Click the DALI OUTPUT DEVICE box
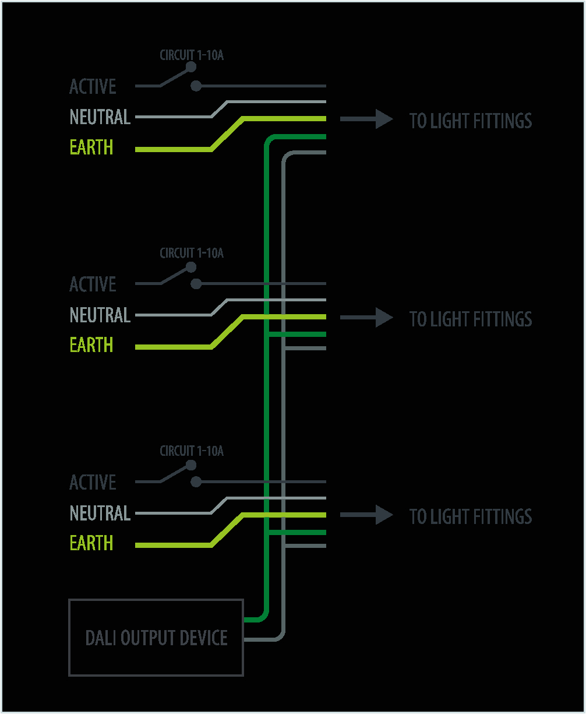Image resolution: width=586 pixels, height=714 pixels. [x=156, y=638]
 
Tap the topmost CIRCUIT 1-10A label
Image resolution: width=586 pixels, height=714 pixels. [x=192, y=56]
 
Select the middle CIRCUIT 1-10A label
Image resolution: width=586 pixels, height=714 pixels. [x=192, y=254]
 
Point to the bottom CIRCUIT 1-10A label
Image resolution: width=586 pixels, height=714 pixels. [x=192, y=451]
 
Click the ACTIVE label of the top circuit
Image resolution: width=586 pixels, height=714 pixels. [x=93, y=87]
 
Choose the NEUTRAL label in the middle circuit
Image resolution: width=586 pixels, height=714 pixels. [x=100, y=315]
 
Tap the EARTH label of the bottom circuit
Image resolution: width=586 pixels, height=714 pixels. [x=91, y=543]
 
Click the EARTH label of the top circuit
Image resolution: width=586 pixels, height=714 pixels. [x=91, y=147]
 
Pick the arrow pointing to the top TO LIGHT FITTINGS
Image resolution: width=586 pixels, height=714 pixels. [x=366, y=119]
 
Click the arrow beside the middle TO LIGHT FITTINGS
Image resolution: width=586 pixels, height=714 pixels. [x=366, y=318]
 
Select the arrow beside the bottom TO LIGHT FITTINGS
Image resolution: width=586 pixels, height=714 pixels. [x=366, y=515]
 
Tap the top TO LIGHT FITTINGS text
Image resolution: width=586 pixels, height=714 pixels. [x=471, y=121]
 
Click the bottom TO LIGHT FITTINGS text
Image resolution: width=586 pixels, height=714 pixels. [x=471, y=517]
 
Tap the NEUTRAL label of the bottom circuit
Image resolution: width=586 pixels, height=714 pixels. [x=100, y=513]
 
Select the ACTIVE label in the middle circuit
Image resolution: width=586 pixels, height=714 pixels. [x=93, y=285]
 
